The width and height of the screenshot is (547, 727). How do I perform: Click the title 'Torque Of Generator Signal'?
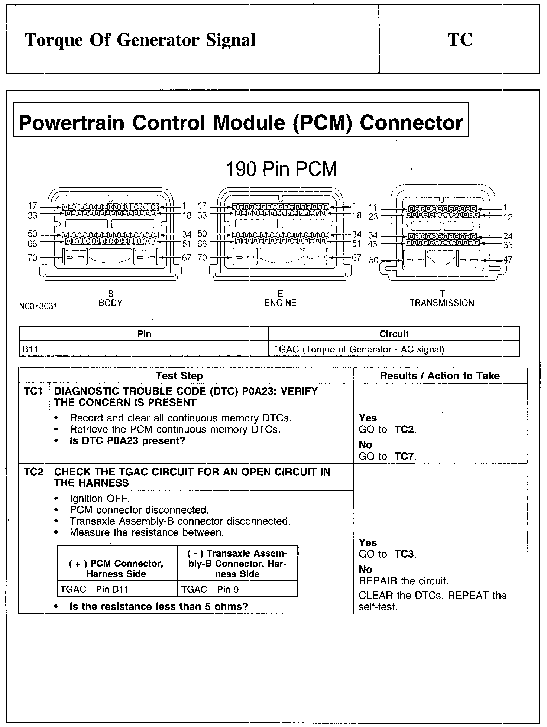tap(140, 40)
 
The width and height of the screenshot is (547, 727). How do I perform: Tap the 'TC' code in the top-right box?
tap(460, 40)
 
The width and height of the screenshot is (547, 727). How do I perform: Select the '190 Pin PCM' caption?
tap(281, 169)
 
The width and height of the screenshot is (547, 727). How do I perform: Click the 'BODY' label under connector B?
tap(110, 303)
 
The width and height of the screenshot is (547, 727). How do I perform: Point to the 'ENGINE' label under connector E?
tap(280, 303)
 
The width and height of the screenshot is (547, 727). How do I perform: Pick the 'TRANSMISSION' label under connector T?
tap(442, 303)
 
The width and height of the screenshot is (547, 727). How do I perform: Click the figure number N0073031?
tap(38, 307)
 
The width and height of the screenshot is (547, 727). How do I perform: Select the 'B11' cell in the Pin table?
tap(30, 349)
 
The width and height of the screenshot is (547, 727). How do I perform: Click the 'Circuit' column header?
tap(394, 334)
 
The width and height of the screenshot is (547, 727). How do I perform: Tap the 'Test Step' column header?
tap(179, 376)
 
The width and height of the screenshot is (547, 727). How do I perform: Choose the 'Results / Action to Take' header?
tap(440, 376)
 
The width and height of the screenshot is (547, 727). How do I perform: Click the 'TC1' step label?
tap(33, 391)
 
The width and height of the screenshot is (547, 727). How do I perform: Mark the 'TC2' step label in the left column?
tap(33, 472)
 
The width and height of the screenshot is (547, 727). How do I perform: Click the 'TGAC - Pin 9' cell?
tap(210, 589)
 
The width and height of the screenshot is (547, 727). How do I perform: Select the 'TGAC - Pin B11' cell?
tap(94, 589)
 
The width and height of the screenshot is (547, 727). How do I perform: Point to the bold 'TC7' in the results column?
tap(404, 456)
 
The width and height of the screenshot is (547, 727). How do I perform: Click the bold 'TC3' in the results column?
tap(404, 554)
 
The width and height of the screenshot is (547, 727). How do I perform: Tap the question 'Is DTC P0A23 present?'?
tap(127, 441)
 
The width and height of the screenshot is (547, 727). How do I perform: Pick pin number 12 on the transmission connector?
tap(508, 217)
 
